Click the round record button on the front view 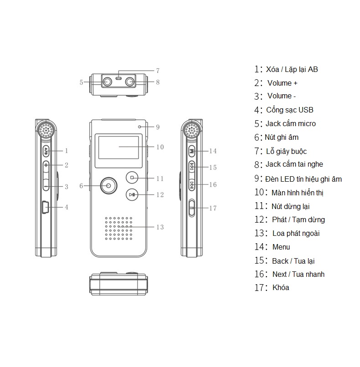click(x=108, y=185)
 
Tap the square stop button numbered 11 click(x=132, y=178)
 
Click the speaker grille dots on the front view click(x=119, y=228)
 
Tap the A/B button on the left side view click(x=46, y=150)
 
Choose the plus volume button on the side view click(x=46, y=165)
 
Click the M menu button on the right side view click(x=192, y=151)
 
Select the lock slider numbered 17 click(x=191, y=209)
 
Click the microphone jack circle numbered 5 click(x=108, y=82)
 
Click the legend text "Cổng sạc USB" click(x=289, y=110)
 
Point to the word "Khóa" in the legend click(x=280, y=288)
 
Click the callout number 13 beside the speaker click(x=159, y=227)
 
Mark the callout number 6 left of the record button click(x=81, y=186)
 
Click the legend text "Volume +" click(x=283, y=83)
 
